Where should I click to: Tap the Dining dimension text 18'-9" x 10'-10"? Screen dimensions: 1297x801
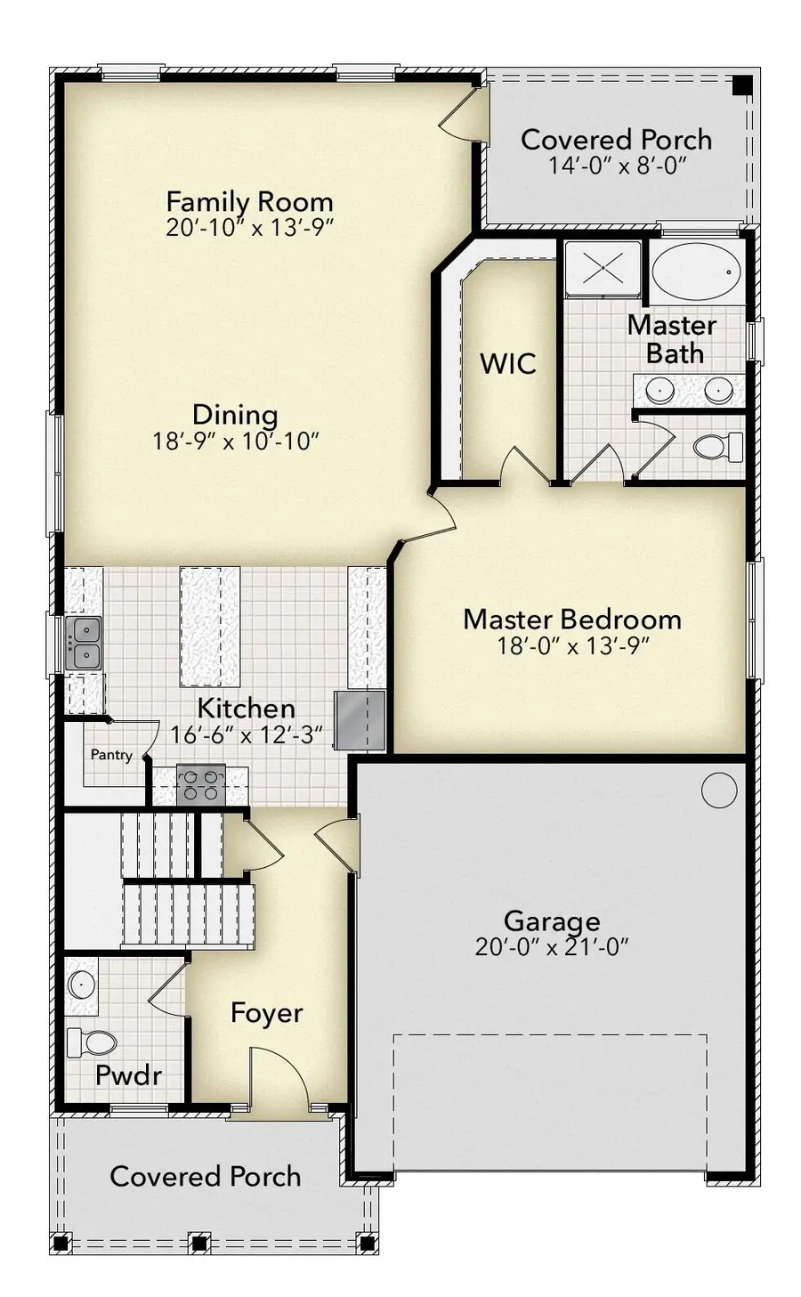pos(236,441)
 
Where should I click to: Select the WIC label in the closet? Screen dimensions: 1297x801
pos(507,363)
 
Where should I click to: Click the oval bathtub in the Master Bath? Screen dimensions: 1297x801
pos(695,271)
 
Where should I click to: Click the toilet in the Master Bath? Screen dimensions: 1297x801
pos(716,445)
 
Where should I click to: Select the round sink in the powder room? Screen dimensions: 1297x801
pos(82,984)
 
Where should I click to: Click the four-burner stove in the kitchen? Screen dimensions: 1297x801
pos(199,785)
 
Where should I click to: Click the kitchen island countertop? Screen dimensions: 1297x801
pos(210,627)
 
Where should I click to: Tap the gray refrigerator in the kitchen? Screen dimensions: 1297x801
pos(360,720)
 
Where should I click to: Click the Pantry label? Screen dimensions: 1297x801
pos(111,755)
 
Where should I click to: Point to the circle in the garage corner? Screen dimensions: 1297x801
pos(718,789)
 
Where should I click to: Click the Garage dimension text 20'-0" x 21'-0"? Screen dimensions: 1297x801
pos(552,946)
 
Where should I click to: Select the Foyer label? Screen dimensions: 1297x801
pos(266,1013)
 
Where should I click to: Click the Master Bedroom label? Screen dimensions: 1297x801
pos(571,619)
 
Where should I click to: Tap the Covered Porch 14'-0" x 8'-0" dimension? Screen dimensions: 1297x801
pos(617,166)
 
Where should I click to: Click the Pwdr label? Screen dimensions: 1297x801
pos(128,1074)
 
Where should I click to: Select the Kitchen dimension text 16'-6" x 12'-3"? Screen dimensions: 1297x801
pos(246,735)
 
